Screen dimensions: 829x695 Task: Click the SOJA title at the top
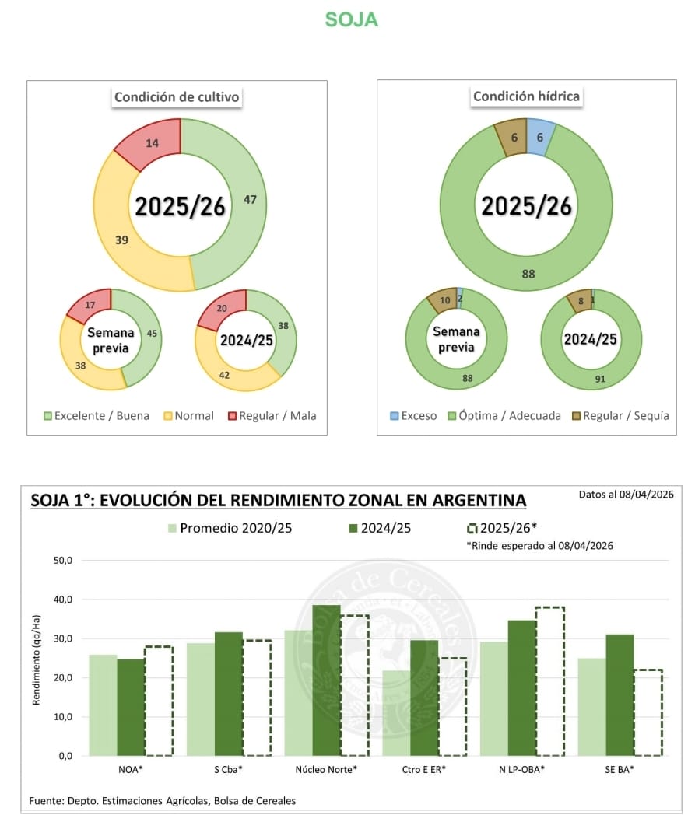(351, 20)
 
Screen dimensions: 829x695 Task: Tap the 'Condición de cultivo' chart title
(177, 97)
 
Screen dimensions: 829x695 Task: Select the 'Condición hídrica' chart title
(526, 96)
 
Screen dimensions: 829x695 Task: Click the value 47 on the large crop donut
(250, 200)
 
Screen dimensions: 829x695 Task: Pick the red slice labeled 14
(153, 142)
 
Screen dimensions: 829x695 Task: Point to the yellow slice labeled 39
(121, 240)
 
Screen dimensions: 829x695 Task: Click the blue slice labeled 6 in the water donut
(540, 136)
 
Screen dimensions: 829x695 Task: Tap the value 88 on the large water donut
(528, 273)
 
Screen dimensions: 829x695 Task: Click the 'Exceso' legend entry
(412, 416)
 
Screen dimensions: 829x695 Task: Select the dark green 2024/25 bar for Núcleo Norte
(326, 680)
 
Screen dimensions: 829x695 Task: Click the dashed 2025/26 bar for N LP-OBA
(549, 680)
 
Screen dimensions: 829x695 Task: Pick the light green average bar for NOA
(103, 705)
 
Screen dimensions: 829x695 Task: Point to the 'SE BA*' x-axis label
(620, 769)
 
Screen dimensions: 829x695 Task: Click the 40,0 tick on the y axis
(62, 600)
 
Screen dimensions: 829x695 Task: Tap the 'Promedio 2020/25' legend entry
(229, 528)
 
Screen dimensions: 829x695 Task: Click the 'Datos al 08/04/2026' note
(626, 494)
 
